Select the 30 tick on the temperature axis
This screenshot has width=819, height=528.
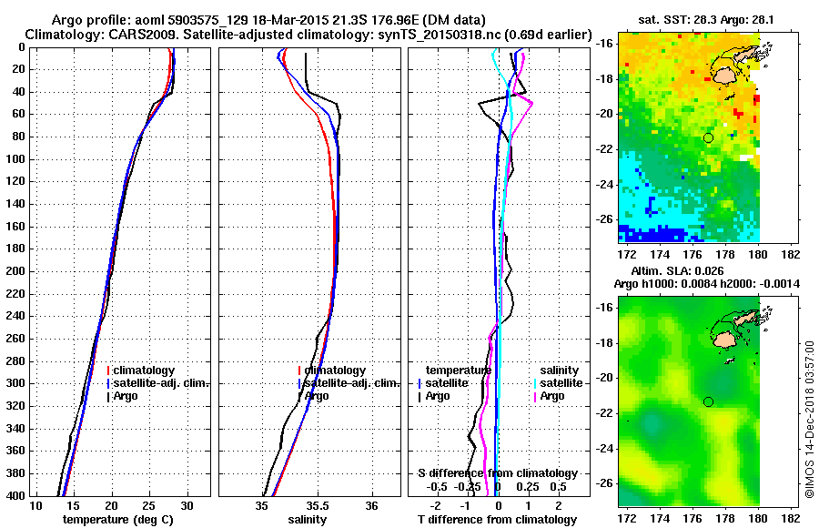click(187, 505)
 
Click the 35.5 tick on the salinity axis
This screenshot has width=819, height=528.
click(318, 505)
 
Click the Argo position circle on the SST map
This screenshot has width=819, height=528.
click(708, 137)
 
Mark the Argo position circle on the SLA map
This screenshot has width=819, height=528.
click(708, 401)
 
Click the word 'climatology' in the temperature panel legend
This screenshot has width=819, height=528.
click(146, 371)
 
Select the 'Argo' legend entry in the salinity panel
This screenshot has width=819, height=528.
click(318, 396)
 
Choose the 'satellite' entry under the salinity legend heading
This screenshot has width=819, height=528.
click(560, 383)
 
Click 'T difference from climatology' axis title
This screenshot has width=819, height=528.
click(497, 519)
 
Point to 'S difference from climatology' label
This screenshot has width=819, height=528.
click(498, 473)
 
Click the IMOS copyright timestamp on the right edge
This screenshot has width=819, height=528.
click(809, 419)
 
